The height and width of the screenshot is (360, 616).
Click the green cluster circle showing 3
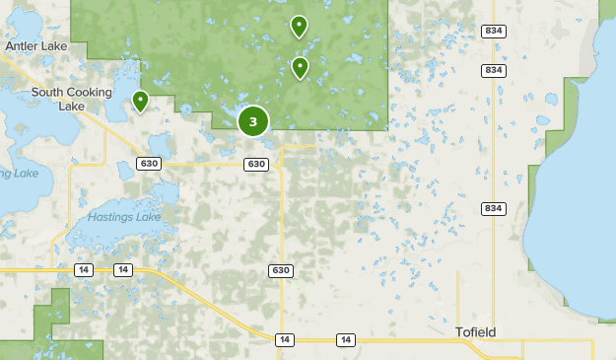pos(253,121)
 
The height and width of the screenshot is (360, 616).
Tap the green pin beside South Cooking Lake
pos(141,101)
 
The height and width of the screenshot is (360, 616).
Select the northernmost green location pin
pos(299,27)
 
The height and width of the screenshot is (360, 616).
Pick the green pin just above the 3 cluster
pos(300,68)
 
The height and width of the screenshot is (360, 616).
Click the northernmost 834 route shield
pos(494,32)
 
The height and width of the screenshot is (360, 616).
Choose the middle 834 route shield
pos(494,70)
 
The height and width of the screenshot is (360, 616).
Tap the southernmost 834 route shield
pos(494,209)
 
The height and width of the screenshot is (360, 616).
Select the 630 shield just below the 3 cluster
pos(256,164)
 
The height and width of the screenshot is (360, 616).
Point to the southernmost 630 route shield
pos(280,270)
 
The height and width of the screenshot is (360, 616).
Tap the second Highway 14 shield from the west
pos(122,269)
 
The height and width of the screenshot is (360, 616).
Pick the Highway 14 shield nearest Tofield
pos(346,340)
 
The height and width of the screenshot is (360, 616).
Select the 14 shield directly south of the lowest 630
pos(284,340)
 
